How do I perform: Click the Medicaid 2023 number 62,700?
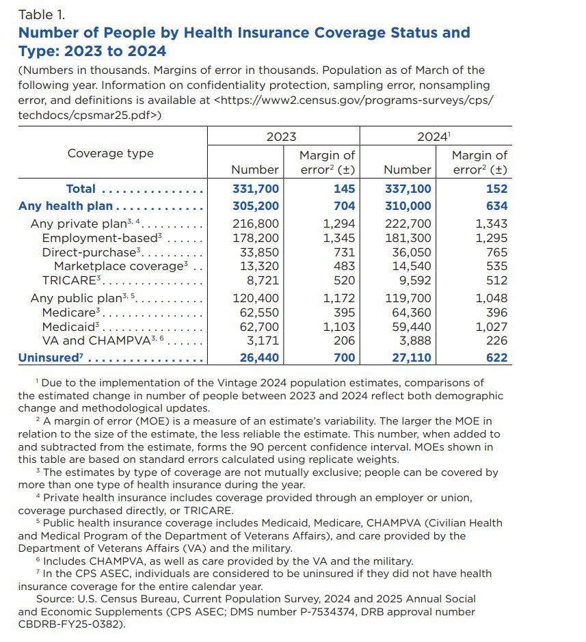pyautogui.click(x=255, y=327)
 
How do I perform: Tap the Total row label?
pyautogui.click(x=81, y=189)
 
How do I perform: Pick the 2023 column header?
pyautogui.click(x=281, y=137)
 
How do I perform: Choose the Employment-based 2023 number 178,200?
pyautogui.click(x=255, y=238)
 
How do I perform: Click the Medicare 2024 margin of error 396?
pyautogui.click(x=496, y=313)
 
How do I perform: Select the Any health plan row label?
pyautogui.click(x=66, y=206)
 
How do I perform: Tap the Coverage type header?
pyautogui.click(x=111, y=153)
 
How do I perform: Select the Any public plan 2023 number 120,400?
pyautogui.click(x=255, y=298)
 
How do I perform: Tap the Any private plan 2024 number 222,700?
pyautogui.click(x=408, y=224)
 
